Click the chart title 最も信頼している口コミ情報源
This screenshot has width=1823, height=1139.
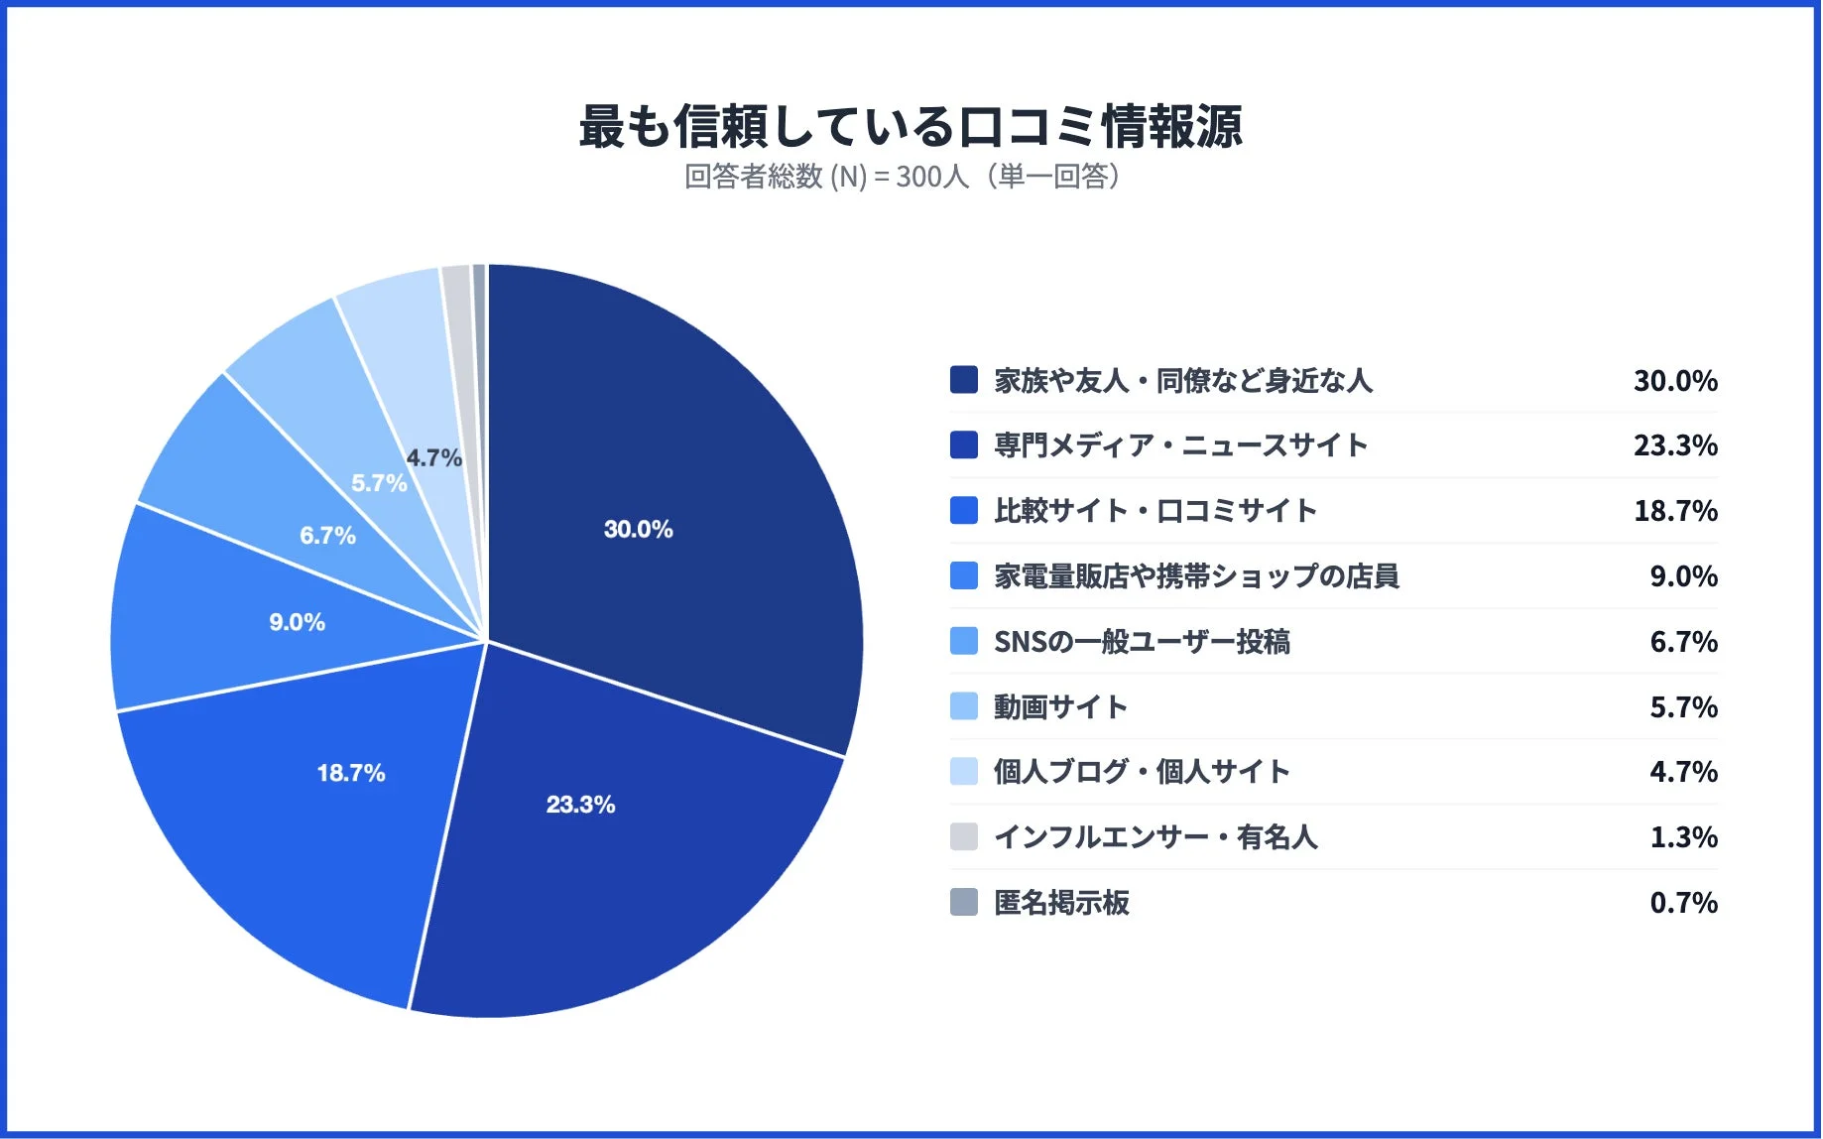(x=910, y=127)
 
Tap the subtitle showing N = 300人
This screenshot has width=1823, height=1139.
(x=903, y=177)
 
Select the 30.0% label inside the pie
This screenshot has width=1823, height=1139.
(x=638, y=529)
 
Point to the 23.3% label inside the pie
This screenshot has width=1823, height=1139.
(x=580, y=804)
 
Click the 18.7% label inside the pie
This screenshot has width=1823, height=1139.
(x=351, y=773)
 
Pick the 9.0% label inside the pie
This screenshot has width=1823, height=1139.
(x=297, y=622)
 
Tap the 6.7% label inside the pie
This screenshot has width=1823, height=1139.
(x=327, y=536)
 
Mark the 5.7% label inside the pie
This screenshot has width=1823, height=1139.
(x=379, y=483)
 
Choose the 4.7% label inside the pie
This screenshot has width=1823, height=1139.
(x=433, y=457)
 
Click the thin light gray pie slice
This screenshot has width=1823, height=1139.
(x=458, y=298)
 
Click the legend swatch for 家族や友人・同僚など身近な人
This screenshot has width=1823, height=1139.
(x=963, y=380)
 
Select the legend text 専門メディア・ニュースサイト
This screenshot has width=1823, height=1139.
(x=1180, y=445)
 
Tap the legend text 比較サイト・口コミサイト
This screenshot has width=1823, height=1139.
(x=1155, y=511)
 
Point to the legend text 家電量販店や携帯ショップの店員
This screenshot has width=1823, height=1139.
(x=1196, y=576)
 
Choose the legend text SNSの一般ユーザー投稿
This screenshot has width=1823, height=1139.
(x=1142, y=642)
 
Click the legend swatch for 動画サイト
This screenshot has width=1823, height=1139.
(x=963, y=706)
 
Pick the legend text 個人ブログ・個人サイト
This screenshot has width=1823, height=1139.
(x=1142, y=772)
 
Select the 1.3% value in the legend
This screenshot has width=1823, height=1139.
(x=1683, y=837)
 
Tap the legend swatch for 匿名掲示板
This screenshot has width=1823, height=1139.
(x=963, y=902)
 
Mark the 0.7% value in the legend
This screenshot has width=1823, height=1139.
(x=1683, y=903)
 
